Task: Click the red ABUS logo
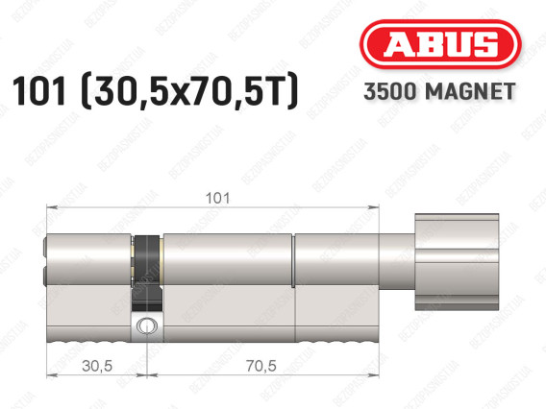(x=440, y=44)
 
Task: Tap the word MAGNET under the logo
(x=470, y=91)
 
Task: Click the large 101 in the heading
(x=38, y=91)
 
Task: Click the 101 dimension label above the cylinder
(x=217, y=199)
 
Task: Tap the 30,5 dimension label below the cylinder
(x=97, y=366)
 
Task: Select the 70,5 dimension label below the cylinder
(x=261, y=366)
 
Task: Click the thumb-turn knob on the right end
(x=457, y=262)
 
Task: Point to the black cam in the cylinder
(x=148, y=273)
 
